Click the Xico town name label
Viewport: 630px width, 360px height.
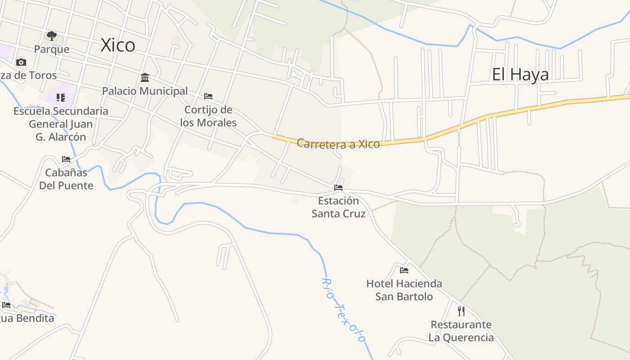pos(118,45)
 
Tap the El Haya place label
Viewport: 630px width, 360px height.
pos(520,74)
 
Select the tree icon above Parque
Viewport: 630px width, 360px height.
pos(52,36)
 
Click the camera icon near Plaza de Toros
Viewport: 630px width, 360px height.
pos(21,62)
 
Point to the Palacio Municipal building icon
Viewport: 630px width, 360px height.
pos(145,77)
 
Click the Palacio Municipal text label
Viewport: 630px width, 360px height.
pos(145,91)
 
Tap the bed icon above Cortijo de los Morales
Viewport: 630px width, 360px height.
pos(208,96)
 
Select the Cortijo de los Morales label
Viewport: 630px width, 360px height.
pos(208,116)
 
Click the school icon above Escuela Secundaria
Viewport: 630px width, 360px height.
pos(61,97)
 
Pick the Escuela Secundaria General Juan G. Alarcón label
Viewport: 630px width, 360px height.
pos(61,124)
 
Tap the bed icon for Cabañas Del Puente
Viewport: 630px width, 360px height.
pos(66,159)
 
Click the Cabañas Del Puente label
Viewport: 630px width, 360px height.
pos(66,179)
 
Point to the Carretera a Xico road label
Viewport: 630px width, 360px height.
pos(338,144)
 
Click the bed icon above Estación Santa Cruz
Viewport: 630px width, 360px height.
pos(338,187)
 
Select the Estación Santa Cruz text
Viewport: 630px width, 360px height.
pos(338,207)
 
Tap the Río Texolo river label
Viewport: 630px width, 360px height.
pos(343,310)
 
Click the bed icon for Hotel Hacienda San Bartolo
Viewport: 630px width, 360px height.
pos(404,270)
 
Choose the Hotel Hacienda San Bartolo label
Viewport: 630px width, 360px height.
pos(404,290)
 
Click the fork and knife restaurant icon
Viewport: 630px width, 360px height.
pos(461,311)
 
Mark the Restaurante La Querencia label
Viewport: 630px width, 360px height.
pos(461,331)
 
